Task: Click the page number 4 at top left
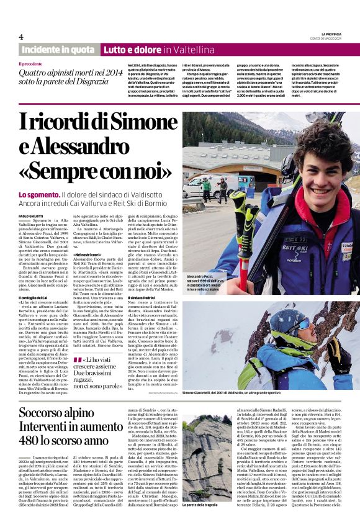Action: (x=21, y=37)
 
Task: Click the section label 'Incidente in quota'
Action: (x=58, y=49)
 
